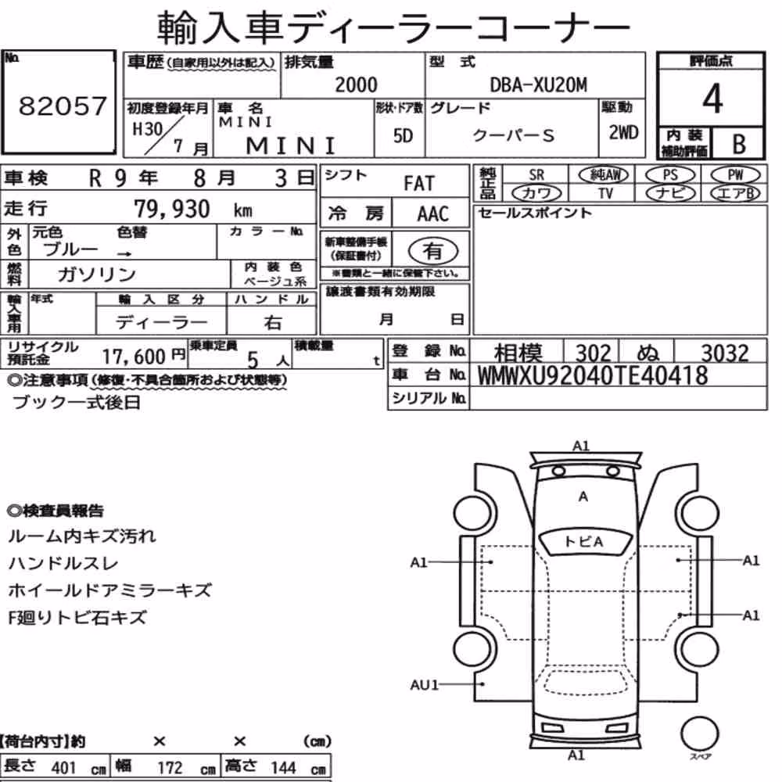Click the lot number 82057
pos(63,106)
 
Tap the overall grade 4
pos(712,99)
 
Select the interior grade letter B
pos(739,144)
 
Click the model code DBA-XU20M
pos(539,85)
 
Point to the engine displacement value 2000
pos(356,84)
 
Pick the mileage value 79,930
pos(172,209)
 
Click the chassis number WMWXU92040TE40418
pos(593,375)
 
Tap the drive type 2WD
pos(623,132)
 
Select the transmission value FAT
pos(419,184)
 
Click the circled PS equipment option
pos(670,175)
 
